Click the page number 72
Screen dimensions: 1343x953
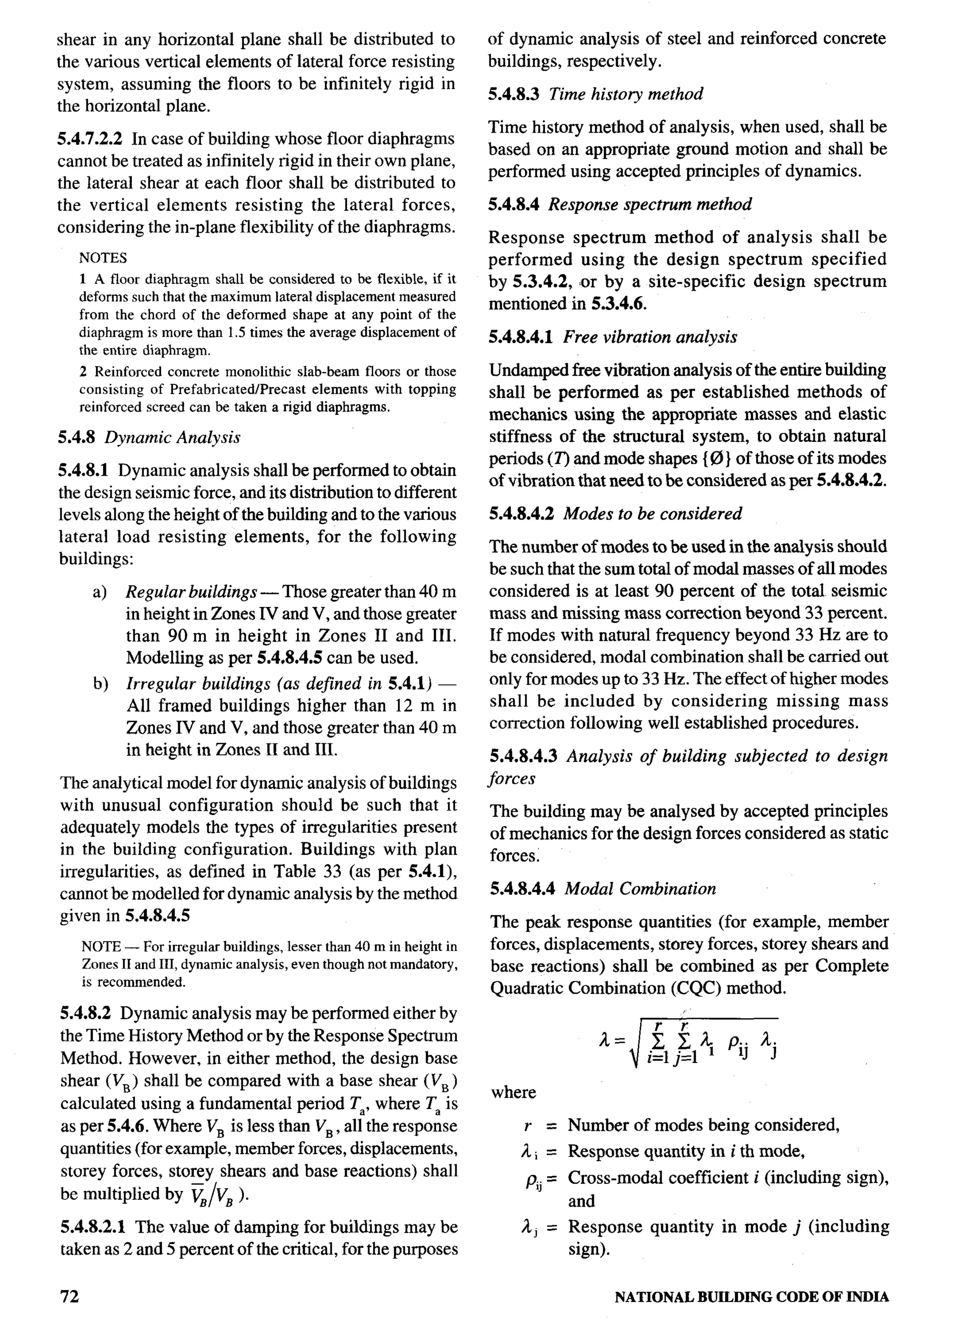pos(69,1296)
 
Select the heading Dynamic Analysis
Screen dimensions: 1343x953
pos(173,437)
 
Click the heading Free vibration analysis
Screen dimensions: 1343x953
pos(650,337)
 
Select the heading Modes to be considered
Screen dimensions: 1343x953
pos(652,514)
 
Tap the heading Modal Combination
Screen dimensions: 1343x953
pos(640,889)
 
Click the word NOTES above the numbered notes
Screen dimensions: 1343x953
pos(103,258)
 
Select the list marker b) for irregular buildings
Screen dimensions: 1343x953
pos(100,684)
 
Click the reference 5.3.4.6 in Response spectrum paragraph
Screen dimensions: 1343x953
pos(610,304)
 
